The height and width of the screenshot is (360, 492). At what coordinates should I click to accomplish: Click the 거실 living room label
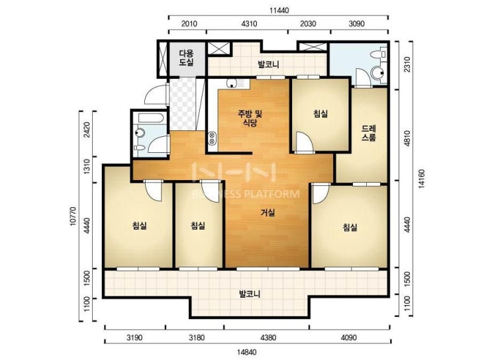coord(268,213)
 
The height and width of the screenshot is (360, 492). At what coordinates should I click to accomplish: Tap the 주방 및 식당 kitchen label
coord(250,118)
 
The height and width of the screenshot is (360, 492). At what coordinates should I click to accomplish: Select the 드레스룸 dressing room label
coord(369,133)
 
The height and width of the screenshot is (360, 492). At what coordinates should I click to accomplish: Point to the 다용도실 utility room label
coord(186,58)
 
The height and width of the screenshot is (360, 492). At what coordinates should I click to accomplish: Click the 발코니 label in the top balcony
coord(269,65)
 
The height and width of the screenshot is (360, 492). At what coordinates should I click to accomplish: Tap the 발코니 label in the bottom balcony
coord(250,294)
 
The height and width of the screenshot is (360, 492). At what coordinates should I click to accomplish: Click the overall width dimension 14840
coord(246,352)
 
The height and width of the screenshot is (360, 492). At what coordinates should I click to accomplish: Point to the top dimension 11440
coord(279,11)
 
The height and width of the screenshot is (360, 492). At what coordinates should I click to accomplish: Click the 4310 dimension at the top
coord(250,24)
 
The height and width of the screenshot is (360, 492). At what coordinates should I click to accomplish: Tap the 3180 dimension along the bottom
coord(197,337)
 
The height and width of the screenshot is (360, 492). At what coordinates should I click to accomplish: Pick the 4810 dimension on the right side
coord(407,137)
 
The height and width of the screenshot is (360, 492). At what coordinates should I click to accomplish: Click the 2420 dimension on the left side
coord(87,130)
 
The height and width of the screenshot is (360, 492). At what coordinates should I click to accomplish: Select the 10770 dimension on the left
coord(73,216)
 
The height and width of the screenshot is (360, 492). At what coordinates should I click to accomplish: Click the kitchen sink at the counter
coord(232,83)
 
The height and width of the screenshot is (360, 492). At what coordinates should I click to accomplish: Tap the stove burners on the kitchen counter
coord(212,138)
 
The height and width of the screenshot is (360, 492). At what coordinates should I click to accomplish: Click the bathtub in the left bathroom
coord(151,118)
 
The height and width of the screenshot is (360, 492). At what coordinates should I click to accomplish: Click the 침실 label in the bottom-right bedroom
coord(350,227)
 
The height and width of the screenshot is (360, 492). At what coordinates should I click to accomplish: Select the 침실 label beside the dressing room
coord(320,113)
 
